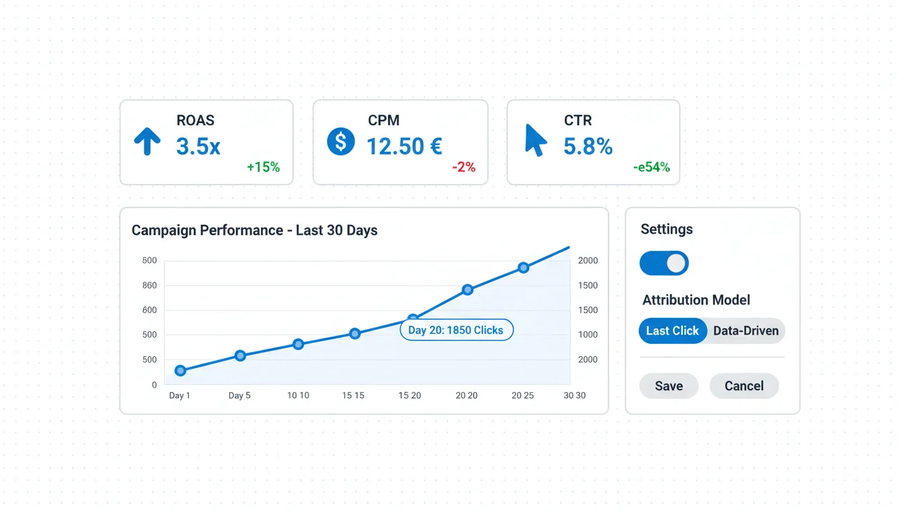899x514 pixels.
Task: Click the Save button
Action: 668,386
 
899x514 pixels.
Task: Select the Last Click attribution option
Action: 672,331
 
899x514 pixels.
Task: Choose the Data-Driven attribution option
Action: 746,331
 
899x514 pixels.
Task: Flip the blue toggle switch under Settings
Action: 664,263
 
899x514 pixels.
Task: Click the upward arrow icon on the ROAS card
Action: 147,142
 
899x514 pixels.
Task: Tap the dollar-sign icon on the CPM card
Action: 340,142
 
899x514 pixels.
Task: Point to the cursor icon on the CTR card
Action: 535,141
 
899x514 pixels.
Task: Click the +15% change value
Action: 263,167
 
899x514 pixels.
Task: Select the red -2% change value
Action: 463,167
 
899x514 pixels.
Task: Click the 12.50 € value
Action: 404,146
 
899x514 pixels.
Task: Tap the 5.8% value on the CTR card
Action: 587,146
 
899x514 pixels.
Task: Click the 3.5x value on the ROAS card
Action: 198,146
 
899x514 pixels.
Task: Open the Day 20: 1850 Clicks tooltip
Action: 456,330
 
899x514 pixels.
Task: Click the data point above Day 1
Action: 180,371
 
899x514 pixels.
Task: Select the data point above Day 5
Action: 240,355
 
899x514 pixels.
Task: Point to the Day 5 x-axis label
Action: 239,396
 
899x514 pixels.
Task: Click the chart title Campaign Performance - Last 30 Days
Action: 254,230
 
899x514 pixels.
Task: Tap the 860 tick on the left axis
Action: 149,286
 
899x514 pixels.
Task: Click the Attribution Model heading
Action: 696,300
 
